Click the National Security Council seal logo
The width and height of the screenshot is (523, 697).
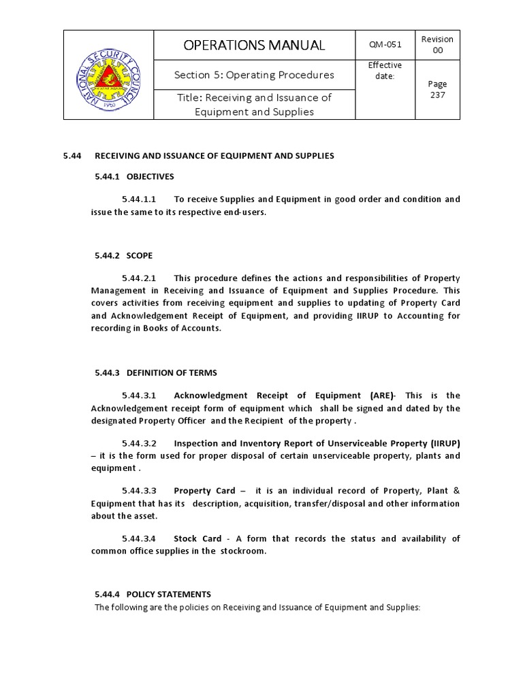click(x=109, y=75)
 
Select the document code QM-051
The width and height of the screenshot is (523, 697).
click(x=385, y=46)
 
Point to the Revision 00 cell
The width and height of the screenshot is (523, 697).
click(x=437, y=46)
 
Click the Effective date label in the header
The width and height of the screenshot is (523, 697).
click(x=385, y=70)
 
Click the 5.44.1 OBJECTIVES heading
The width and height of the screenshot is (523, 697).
click(x=134, y=177)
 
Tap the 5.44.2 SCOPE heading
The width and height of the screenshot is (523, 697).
click(x=123, y=255)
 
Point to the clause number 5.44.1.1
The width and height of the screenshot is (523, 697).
click(x=140, y=199)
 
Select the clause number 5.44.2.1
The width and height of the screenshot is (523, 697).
click(x=140, y=278)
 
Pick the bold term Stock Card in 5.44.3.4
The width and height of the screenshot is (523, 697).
click(x=197, y=538)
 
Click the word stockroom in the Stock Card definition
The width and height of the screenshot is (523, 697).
click(x=242, y=551)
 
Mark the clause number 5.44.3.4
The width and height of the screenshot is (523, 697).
click(x=140, y=538)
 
